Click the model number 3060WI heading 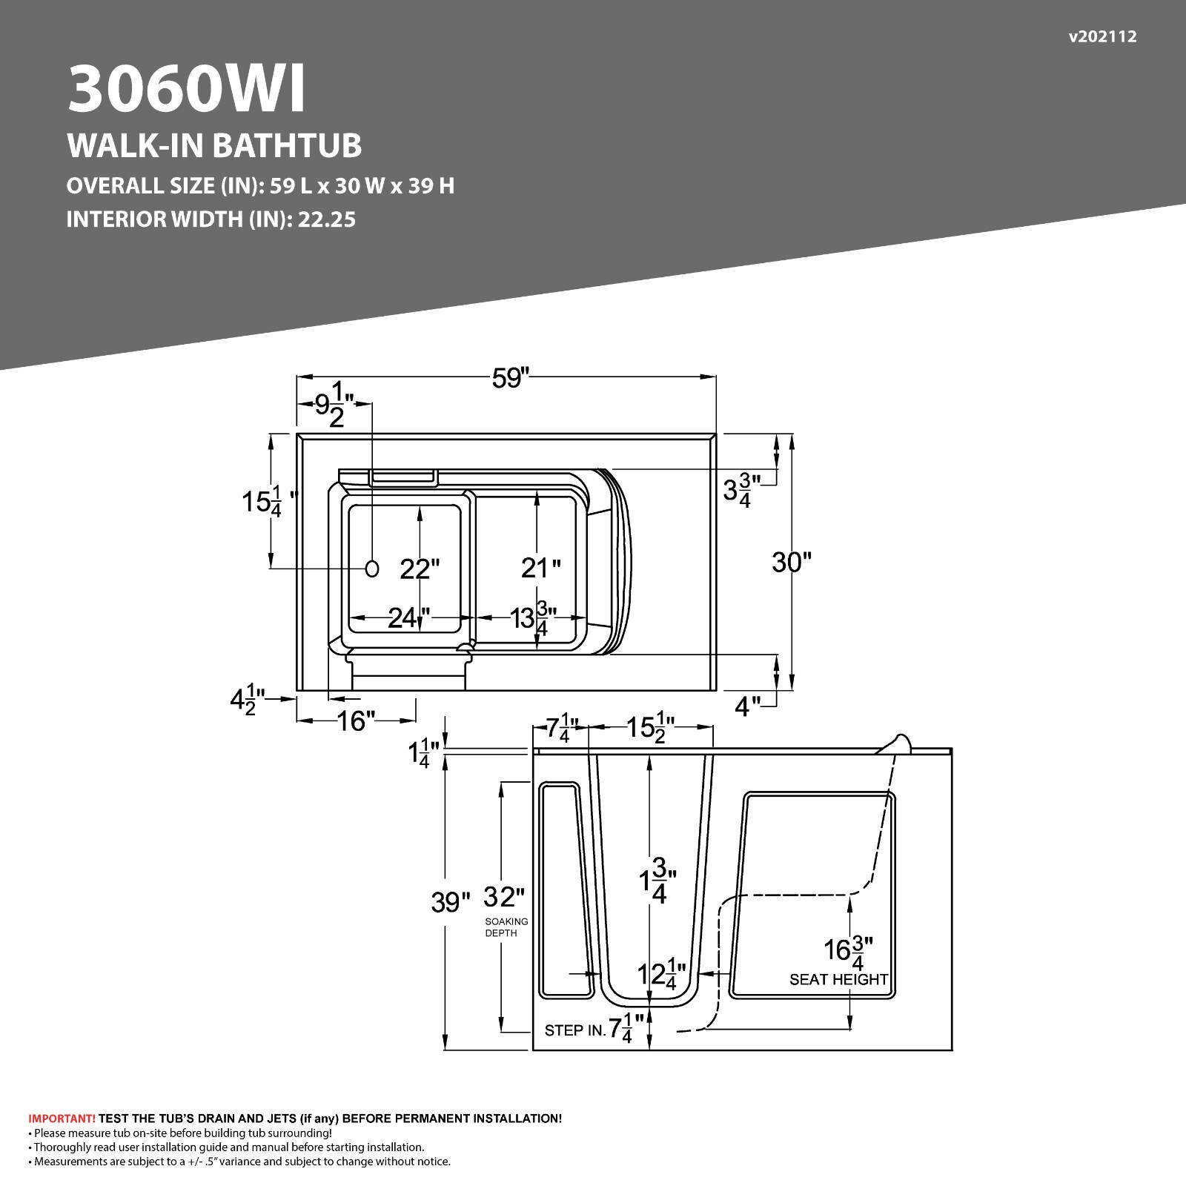coord(187,90)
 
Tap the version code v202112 coord(1102,37)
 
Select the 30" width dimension coord(792,563)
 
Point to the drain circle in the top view coord(372,569)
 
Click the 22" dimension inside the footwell coord(420,569)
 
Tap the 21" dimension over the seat coord(540,569)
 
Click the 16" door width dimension coord(357,720)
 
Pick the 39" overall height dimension coord(451,903)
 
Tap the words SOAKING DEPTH coord(506,927)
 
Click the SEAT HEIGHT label coord(838,979)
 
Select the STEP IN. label coord(575,1030)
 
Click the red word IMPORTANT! coord(62,1119)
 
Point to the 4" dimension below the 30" coord(747,706)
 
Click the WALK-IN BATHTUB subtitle coord(214,145)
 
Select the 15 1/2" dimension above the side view coord(650,729)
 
